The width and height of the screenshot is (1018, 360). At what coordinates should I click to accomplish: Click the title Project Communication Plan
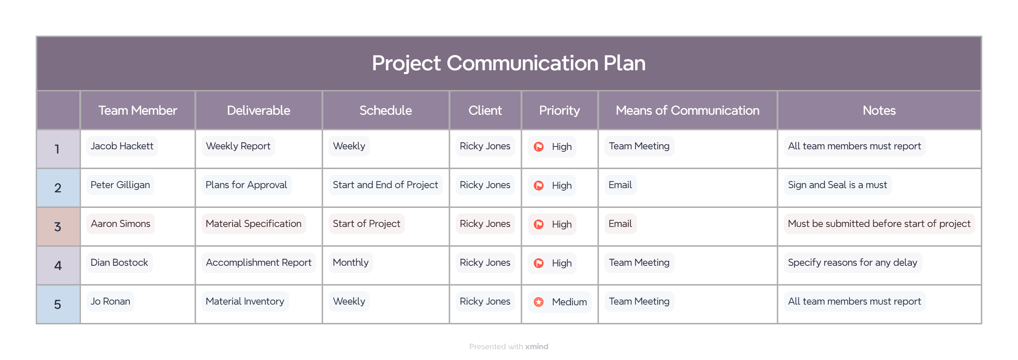click(x=509, y=63)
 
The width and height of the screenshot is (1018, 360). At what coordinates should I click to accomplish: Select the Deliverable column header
click(x=258, y=110)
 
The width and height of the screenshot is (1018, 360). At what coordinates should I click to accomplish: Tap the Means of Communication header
click(x=687, y=110)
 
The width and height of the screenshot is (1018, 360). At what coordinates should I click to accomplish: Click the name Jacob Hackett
click(x=122, y=146)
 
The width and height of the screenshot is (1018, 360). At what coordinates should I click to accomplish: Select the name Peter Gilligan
click(x=120, y=185)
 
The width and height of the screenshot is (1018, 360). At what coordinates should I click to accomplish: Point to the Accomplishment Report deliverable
click(x=258, y=262)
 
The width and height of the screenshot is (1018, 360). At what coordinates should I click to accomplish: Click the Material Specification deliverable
click(x=253, y=224)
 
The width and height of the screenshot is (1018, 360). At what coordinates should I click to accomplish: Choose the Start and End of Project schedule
click(x=385, y=185)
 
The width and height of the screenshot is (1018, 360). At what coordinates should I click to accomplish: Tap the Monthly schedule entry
click(x=351, y=262)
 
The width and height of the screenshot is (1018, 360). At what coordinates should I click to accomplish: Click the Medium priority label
click(x=569, y=302)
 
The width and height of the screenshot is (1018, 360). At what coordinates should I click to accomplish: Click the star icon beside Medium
click(x=538, y=302)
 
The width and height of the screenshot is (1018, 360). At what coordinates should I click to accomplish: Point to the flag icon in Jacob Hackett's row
click(x=538, y=146)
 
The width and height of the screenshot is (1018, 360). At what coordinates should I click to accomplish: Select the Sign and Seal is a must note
click(x=837, y=185)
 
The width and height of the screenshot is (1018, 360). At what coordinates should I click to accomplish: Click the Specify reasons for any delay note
click(x=852, y=262)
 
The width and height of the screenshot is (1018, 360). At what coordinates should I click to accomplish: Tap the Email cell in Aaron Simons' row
click(x=620, y=224)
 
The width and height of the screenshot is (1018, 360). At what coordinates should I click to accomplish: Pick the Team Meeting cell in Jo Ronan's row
click(x=639, y=301)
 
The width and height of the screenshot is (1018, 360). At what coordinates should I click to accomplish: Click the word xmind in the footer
click(x=536, y=347)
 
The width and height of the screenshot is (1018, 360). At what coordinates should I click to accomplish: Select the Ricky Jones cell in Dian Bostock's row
click(x=485, y=262)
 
